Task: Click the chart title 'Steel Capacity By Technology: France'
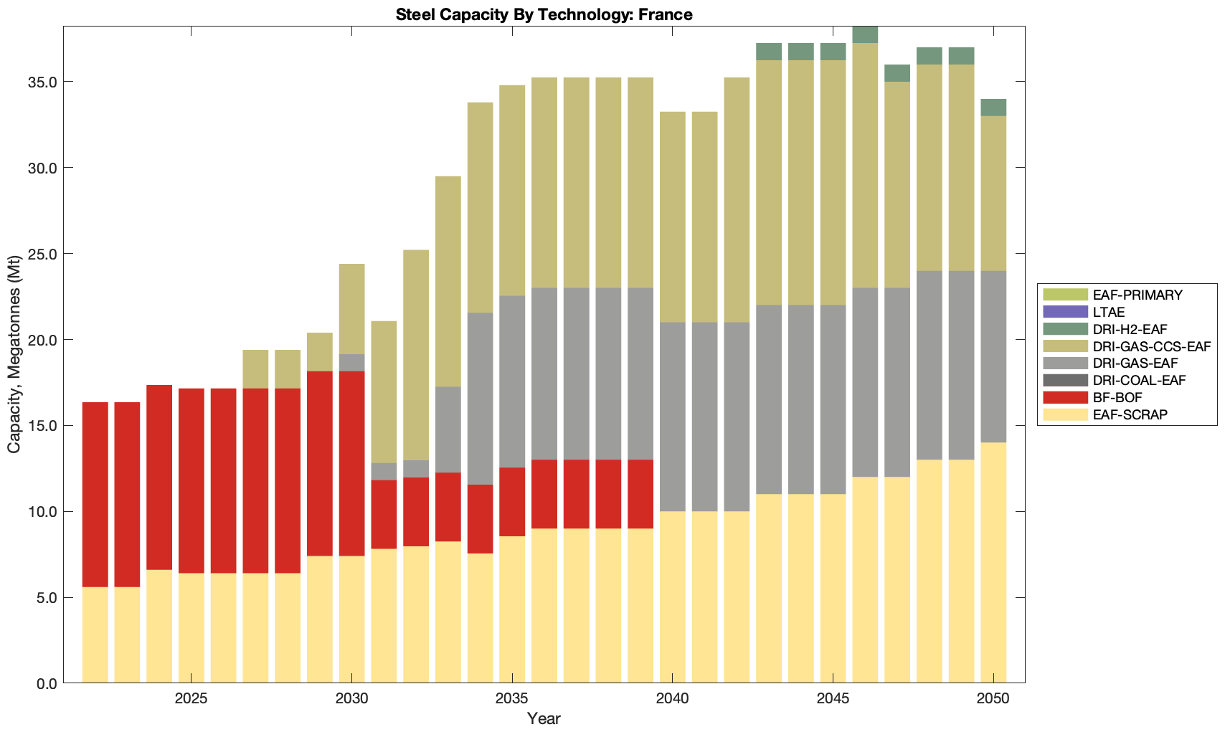click(x=544, y=14)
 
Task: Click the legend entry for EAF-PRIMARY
click(x=1137, y=295)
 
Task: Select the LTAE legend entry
click(x=1109, y=312)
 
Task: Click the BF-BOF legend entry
click(x=1117, y=397)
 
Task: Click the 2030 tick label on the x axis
click(x=351, y=699)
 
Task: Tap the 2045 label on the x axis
click(x=833, y=699)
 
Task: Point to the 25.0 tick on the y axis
click(x=40, y=254)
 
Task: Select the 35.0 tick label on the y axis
click(x=40, y=82)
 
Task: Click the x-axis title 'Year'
click(x=544, y=718)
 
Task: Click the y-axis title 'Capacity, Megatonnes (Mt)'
click(x=14, y=355)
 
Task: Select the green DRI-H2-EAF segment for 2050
click(x=993, y=108)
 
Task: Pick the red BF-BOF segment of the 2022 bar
click(x=95, y=495)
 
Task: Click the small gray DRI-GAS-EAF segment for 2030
click(x=351, y=363)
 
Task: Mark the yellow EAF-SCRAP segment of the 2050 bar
click(x=993, y=563)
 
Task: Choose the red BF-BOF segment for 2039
click(x=640, y=494)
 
